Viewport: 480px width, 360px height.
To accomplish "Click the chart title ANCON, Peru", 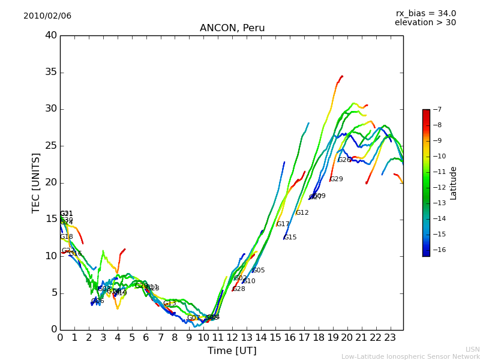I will click(232, 28).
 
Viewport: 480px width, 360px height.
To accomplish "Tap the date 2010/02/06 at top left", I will click(47, 16).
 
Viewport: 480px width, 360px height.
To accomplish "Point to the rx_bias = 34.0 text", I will click(425, 13).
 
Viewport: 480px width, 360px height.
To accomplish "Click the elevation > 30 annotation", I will click(425, 23).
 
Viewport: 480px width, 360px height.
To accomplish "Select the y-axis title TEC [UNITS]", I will click(36, 182).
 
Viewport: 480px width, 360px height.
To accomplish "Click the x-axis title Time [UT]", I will click(232, 351).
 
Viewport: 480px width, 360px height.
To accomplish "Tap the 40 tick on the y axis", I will click(50, 35).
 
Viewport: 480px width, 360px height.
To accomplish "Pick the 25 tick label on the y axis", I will click(50, 146).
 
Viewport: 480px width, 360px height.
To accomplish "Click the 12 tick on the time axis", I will click(232, 337).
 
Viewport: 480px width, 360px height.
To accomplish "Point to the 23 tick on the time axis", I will click(390, 337).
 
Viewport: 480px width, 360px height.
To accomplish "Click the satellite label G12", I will click(302, 213).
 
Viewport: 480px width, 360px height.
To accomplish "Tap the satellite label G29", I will click(337, 179).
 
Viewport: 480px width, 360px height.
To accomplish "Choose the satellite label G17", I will click(283, 224).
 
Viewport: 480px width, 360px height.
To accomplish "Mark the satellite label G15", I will click(290, 238).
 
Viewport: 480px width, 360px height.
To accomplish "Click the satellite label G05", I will click(258, 271).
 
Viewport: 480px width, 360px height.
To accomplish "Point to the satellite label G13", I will click(170, 304).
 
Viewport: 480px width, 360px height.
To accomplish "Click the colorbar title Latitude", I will click(454, 183).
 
